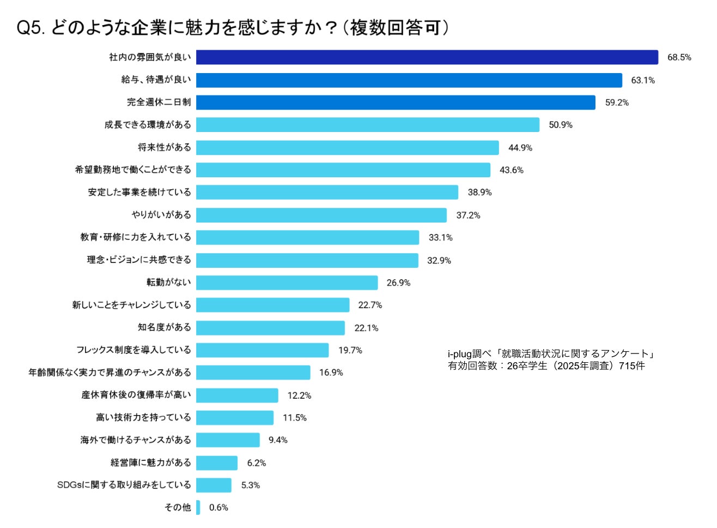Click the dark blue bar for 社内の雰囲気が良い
tap(427, 57)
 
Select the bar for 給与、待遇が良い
tap(409, 80)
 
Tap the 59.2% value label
tap(617, 103)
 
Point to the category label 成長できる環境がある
tap(148, 125)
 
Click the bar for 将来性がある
tap(347, 148)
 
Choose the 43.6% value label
tap(512, 170)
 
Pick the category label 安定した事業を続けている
tap(139, 193)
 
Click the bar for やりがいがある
tap(321, 215)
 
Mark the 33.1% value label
tap(440, 238)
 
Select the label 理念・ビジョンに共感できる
tap(139, 260)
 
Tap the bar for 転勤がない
tap(287, 283)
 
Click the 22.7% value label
tap(370, 305)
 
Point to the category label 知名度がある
tap(164, 327)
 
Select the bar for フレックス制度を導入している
tap(262, 350)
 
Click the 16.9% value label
tap(331, 373)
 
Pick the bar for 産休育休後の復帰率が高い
tap(237, 395)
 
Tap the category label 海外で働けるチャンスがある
tap(136, 440)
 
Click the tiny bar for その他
tap(198, 507)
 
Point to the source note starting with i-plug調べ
tap(551, 359)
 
